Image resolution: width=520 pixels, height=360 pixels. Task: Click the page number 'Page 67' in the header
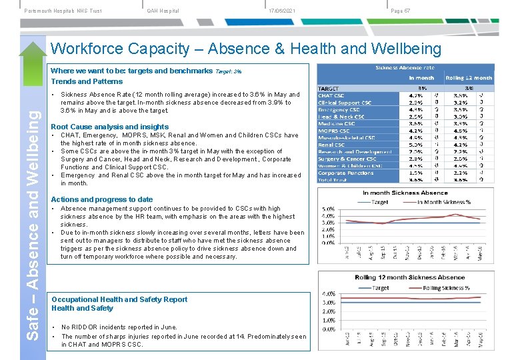click(400, 11)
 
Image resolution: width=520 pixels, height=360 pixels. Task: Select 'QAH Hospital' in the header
click(163, 11)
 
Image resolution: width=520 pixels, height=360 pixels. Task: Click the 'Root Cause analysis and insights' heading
click(110, 127)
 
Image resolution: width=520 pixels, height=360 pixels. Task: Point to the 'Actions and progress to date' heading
click(102, 199)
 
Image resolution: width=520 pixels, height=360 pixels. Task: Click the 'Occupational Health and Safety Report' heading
click(119, 299)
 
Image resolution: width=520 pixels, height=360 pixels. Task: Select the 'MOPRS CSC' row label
click(333, 131)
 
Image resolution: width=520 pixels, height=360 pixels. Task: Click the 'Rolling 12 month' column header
click(469, 78)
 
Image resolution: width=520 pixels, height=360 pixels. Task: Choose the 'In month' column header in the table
click(421, 78)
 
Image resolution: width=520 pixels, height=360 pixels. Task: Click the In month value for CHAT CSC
click(415, 95)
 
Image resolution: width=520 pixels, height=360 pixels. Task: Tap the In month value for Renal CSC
click(415, 145)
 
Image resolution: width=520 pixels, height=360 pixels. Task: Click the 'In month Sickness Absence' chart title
click(405, 193)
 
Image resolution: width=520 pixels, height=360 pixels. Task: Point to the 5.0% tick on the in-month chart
click(327, 208)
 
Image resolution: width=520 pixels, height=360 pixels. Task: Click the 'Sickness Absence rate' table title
click(405, 68)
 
